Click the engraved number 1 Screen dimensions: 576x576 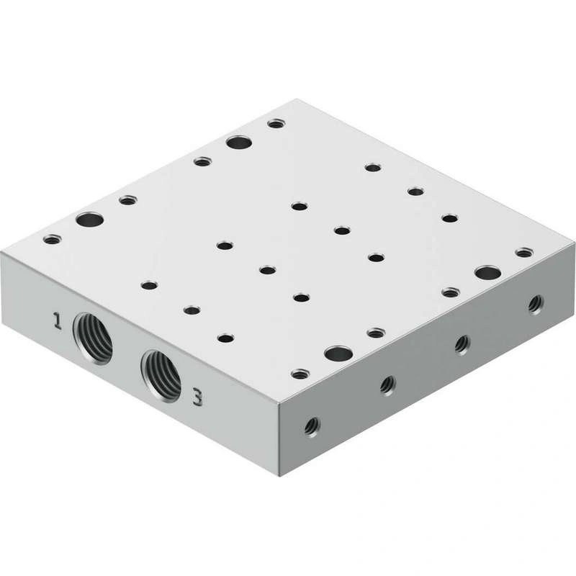pyautogui.click(x=57, y=320)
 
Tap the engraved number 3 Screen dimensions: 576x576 pyautogui.click(x=197, y=397)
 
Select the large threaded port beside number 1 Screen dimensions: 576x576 pyautogui.click(x=92, y=338)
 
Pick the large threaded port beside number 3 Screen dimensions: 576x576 pyautogui.click(x=161, y=376)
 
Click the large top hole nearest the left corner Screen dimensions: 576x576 pyautogui.click(x=89, y=220)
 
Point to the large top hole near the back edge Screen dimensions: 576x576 pyautogui.click(x=239, y=142)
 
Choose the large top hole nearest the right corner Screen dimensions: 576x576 pyautogui.click(x=488, y=273)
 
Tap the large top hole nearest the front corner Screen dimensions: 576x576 pyautogui.click(x=338, y=354)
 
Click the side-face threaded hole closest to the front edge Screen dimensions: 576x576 pyautogui.click(x=312, y=426)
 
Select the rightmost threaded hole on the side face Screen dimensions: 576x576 pyautogui.click(x=536, y=305)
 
